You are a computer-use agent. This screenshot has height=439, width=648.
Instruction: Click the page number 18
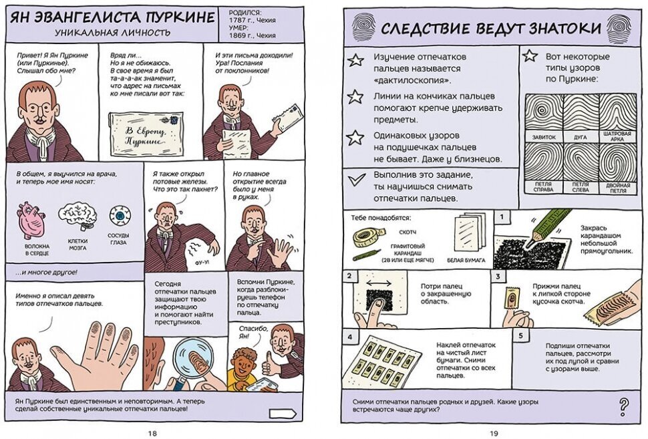(152, 432)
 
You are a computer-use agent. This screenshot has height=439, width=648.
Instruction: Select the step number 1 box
(500, 216)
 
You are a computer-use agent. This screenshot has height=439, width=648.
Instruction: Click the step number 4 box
(349, 336)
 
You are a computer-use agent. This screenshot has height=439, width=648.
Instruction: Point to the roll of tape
(366, 236)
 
